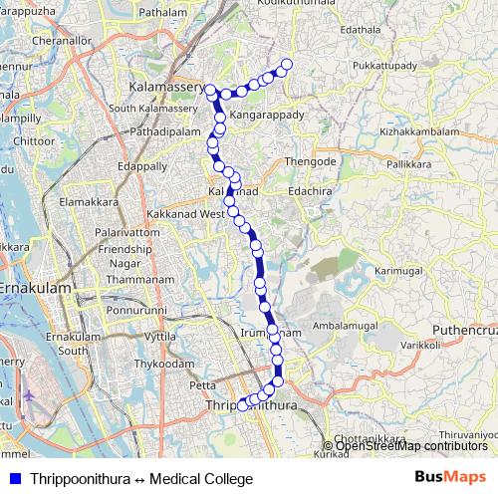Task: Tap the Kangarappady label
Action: [x=266, y=116]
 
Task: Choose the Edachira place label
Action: [x=310, y=185]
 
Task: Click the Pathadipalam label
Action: [x=166, y=129]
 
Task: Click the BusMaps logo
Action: [x=450, y=478]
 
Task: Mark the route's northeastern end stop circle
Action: [x=287, y=65]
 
